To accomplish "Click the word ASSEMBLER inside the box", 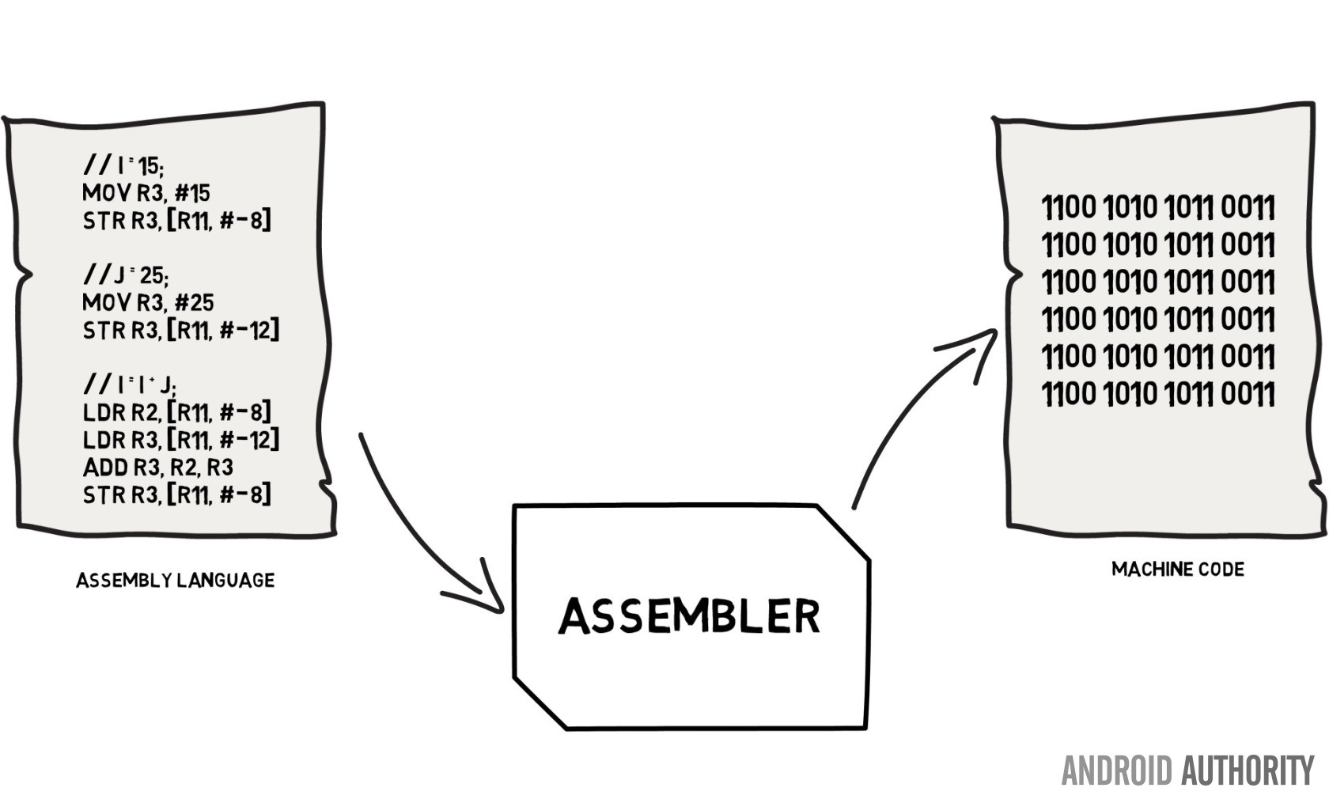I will point(689,616).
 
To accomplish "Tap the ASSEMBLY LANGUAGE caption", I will point(175,581).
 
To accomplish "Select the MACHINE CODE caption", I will point(1177,570).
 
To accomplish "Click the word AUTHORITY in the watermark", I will point(1248,771).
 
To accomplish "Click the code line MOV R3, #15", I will point(146,193).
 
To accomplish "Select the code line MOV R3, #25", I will point(148,302).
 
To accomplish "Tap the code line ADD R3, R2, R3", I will point(157,468).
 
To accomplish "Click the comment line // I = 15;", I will point(123,165).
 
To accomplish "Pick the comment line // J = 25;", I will point(125,275).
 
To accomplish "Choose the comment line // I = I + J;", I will point(130,385).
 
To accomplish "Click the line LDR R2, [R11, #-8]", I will point(176,412).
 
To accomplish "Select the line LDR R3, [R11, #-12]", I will point(180,440).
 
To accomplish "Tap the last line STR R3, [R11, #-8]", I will point(176,495).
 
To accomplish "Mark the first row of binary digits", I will point(1157,208).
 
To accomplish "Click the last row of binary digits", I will point(1157,393).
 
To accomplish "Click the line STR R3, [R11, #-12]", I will point(180,330).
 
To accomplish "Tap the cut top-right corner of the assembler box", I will point(843,532).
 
